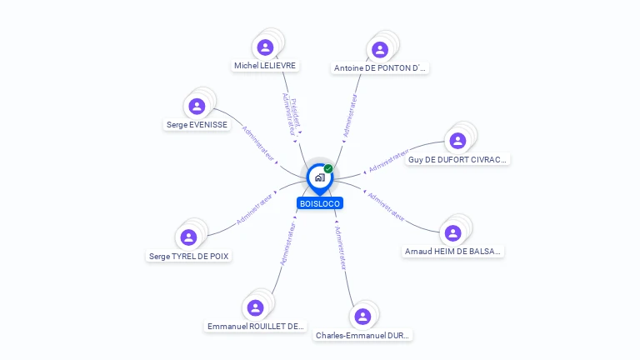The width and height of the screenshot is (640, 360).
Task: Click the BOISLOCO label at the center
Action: [320, 203]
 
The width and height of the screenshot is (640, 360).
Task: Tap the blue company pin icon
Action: [319, 177]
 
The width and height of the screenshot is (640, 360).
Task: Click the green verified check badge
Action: [328, 169]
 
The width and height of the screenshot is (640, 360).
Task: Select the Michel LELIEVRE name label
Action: [265, 65]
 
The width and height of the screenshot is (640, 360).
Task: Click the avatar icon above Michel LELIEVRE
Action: [265, 47]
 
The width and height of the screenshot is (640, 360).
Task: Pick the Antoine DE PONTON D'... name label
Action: [380, 68]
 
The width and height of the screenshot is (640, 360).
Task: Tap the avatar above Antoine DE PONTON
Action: [380, 49]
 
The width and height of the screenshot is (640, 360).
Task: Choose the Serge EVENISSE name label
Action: [197, 124]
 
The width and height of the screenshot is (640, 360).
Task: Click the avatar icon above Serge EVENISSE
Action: [197, 106]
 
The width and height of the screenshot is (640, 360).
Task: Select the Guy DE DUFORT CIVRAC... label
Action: [457, 159]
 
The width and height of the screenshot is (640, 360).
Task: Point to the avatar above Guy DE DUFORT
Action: [457, 140]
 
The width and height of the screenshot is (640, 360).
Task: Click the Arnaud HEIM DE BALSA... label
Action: [453, 251]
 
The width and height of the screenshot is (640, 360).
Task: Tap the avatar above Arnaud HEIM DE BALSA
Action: [453, 232]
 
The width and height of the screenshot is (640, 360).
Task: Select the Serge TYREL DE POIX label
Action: [188, 256]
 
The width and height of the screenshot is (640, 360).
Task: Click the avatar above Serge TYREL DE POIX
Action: [188, 237]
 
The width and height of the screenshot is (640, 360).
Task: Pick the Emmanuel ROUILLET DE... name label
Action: [256, 326]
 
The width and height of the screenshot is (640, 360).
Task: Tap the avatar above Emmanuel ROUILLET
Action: [256, 307]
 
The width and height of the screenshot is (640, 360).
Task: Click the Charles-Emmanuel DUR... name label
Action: [362, 335]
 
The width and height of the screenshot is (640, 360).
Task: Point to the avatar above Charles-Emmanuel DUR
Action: [362, 317]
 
